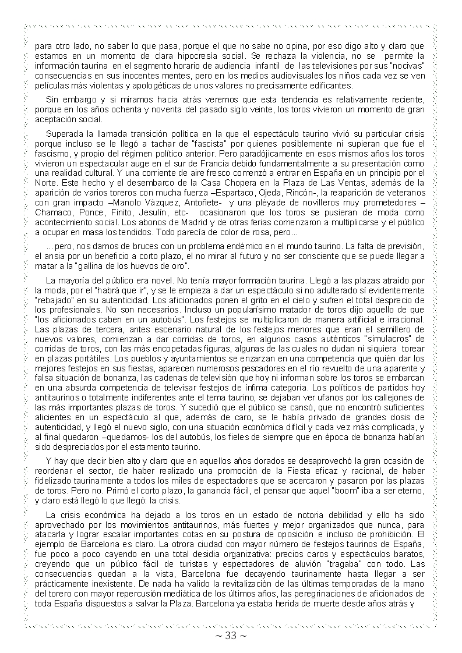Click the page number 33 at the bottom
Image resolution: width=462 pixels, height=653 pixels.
(231, 636)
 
